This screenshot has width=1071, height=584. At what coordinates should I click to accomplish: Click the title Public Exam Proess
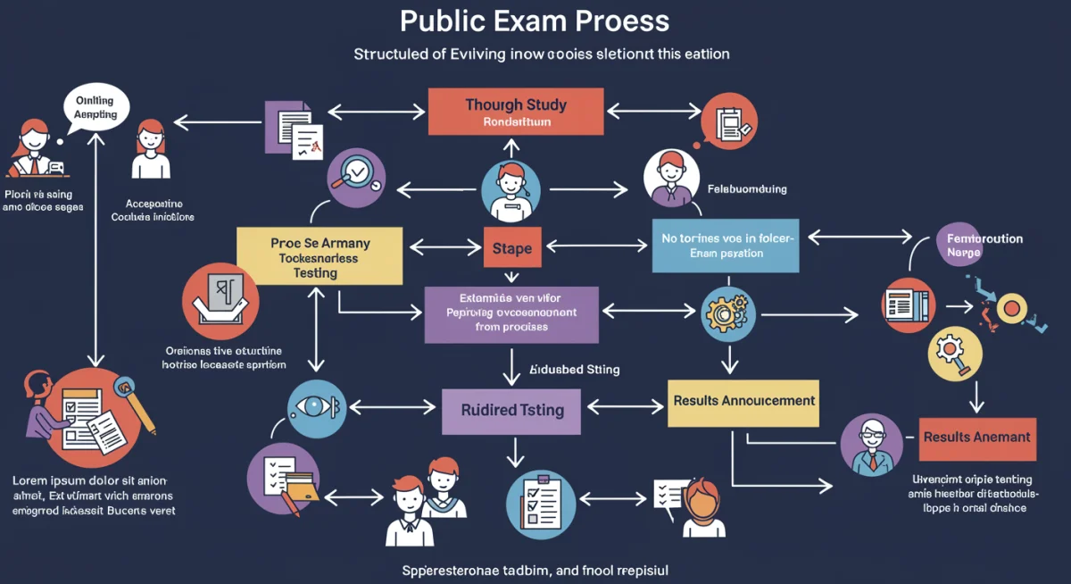pyautogui.click(x=535, y=21)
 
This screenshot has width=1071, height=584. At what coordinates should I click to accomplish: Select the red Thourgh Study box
pyautogui.click(x=516, y=112)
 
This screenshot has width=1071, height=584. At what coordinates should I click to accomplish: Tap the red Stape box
pyautogui.click(x=512, y=249)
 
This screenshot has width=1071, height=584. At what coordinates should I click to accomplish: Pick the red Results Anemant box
pyautogui.click(x=977, y=438)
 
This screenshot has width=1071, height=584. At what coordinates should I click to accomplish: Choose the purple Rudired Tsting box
pyautogui.click(x=512, y=411)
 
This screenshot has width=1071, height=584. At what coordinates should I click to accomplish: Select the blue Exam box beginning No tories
pyautogui.click(x=725, y=246)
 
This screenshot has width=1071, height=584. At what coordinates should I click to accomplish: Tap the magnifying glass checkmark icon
pyautogui.click(x=356, y=176)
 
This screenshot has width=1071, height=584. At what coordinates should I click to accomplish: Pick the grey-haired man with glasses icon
pyautogui.click(x=871, y=444)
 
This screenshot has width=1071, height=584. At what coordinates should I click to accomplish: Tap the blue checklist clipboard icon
pyautogui.click(x=540, y=502)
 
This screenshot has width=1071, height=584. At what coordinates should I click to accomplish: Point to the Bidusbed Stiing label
pyautogui.click(x=574, y=369)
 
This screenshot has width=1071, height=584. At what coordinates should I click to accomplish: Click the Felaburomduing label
pyautogui.click(x=747, y=189)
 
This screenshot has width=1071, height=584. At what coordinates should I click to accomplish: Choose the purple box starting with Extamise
pyautogui.click(x=511, y=313)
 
